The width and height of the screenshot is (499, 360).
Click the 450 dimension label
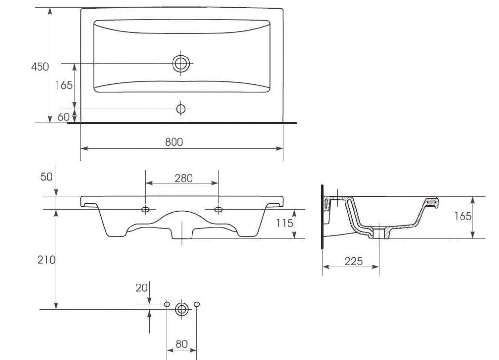(x=40, y=67)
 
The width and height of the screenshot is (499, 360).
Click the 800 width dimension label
(x=174, y=142)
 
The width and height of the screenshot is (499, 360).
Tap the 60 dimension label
(x=63, y=117)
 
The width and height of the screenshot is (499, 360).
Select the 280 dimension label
(x=184, y=178)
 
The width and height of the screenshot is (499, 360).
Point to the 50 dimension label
(x=46, y=177)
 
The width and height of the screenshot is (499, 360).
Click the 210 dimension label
(x=46, y=260)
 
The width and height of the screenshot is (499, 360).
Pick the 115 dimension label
(x=284, y=223)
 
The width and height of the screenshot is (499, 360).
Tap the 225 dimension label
(x=354, y=262)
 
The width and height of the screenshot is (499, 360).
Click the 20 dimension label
(x=142, y=288)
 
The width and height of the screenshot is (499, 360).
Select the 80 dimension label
(x=181, y=344)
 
